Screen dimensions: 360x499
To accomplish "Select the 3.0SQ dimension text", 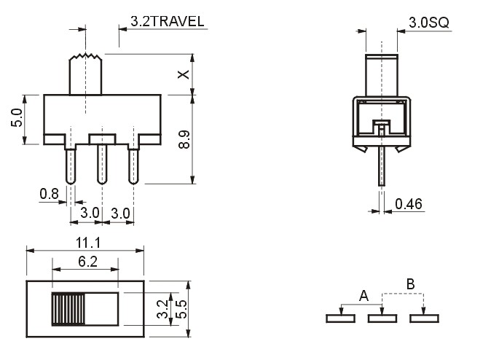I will [428, 23].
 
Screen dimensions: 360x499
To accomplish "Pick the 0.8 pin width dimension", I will [50, 194].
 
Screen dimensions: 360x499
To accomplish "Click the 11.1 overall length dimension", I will [87, 243].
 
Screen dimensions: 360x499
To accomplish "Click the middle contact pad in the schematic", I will [382, 318].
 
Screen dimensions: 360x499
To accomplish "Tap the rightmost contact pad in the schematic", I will [425, 318].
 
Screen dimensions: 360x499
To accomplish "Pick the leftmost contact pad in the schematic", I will [340, 318].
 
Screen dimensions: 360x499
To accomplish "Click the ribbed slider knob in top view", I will [66, 308].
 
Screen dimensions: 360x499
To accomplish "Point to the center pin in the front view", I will [102, 164].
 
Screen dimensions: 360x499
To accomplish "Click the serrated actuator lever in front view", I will [85, 74].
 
